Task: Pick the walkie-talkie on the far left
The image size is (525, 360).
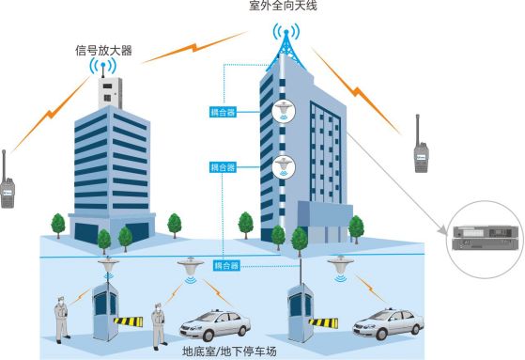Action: (x=8, y=181)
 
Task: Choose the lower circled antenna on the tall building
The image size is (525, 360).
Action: (x=283, y=167)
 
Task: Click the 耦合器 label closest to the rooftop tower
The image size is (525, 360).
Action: (x=222, y=112)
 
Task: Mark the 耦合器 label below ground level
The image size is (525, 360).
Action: (x=228, y=266)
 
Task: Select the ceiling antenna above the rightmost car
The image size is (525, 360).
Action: (x=339, y=266)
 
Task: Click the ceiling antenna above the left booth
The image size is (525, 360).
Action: (x=111, y=266)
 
